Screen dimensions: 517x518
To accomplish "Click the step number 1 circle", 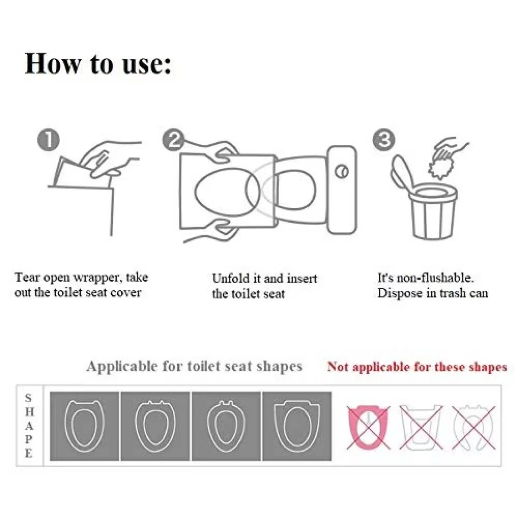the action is (48, 140).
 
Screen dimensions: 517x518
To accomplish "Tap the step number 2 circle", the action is (173, 140).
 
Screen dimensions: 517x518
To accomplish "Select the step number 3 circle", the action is (384, 140).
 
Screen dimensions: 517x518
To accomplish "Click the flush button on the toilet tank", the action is (342, 171).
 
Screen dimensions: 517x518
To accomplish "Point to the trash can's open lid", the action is (401, 173).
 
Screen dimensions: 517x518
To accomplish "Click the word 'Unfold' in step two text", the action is (231, 278).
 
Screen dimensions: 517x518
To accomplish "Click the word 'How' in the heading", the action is (53, 63).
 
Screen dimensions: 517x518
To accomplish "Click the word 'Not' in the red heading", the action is (337, 367).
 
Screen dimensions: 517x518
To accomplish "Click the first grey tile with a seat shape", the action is (84, 426).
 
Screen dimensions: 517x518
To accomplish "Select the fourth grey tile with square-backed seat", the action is (297, 426).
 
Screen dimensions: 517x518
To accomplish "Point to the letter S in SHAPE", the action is (28, 398).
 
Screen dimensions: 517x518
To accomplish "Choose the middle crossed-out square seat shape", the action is (421, 427).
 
